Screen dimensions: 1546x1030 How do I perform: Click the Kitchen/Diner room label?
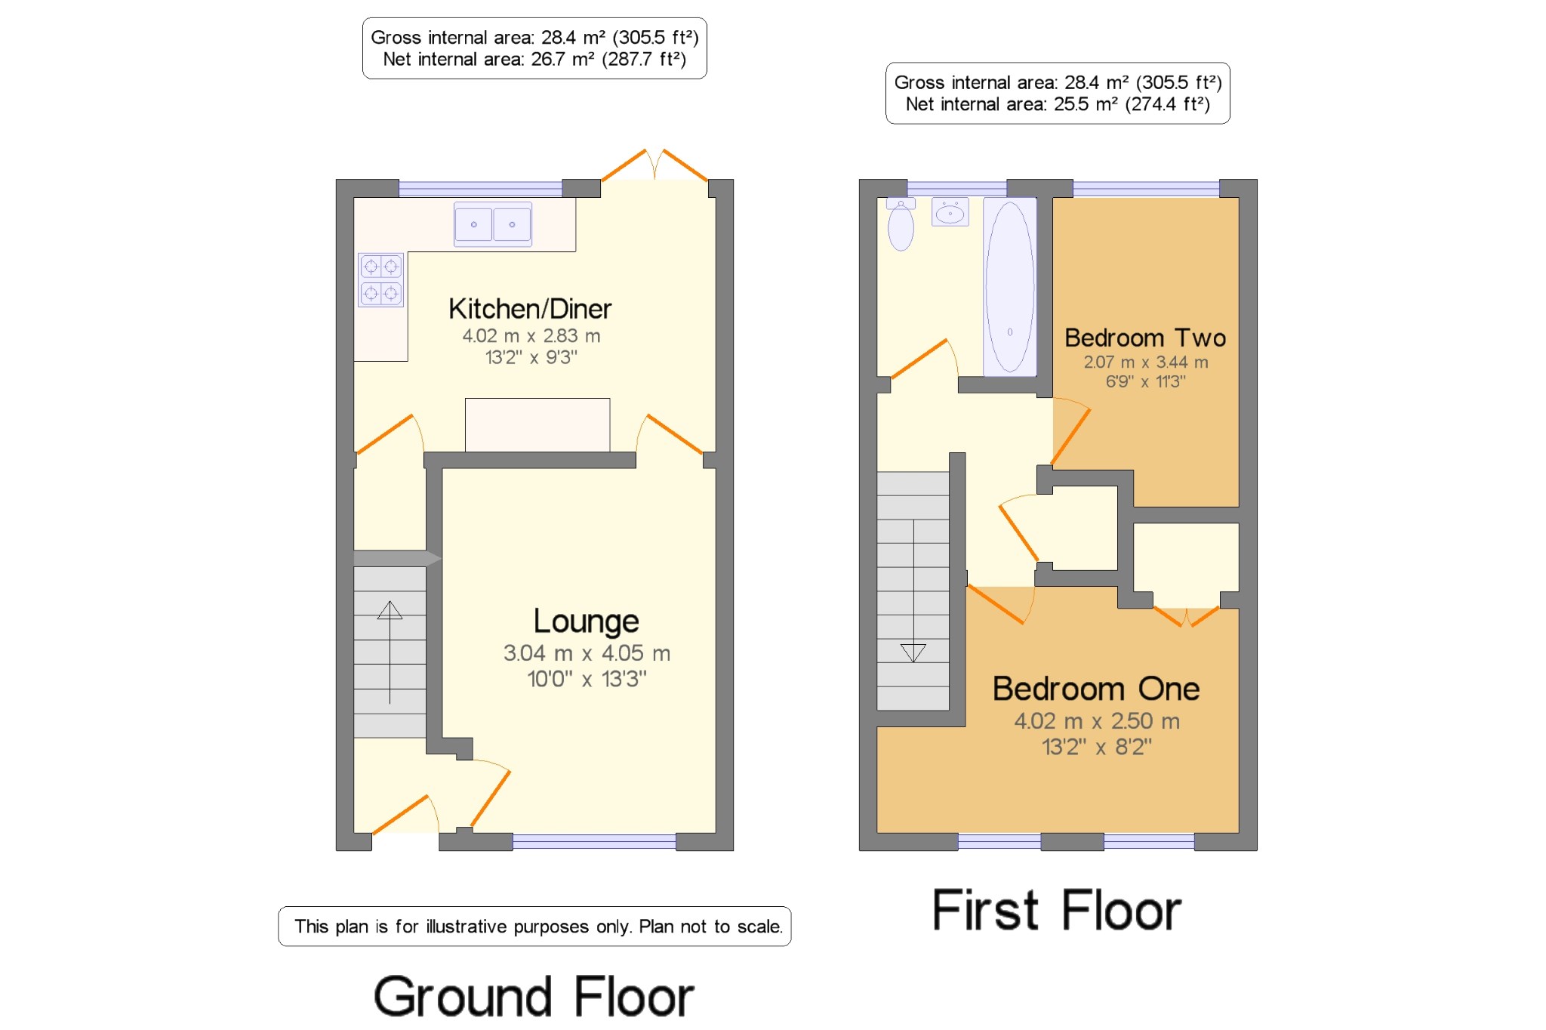coord(530,309)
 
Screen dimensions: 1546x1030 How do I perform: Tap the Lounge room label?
coord(587,621)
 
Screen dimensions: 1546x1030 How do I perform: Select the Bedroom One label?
coord(1096,689)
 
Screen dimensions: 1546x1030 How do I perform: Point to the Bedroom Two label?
coord(1145,338)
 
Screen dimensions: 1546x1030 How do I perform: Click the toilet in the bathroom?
coord(901,224)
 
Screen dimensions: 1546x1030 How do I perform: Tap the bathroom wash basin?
coord(950,212)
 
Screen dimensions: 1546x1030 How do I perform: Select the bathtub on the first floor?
coord(1010,287)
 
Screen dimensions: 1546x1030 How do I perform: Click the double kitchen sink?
coord(493,224)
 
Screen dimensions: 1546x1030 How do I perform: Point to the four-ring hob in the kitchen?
coord(380,279)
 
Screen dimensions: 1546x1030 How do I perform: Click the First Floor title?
coord(1057,910)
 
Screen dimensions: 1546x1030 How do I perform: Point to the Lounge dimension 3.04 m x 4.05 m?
coord(587,653)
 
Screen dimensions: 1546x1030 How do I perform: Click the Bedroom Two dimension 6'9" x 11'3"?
coord(1145,381)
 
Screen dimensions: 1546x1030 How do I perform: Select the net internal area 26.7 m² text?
coord(534,60)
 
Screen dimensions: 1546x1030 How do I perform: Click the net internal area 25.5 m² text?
coord(1058,104)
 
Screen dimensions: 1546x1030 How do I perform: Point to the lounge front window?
coord(594,842)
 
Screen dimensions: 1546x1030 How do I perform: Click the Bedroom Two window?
coord(1146,188)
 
